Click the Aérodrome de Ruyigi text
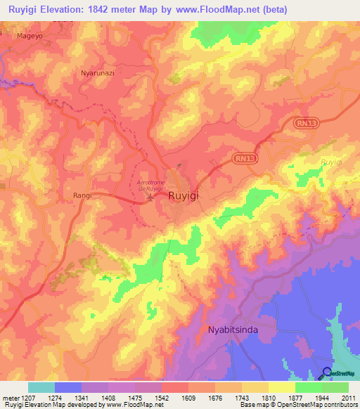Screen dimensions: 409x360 click(148, 185)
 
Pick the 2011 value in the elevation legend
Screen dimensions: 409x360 click(348, 398)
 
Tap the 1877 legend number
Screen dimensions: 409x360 click(282, 398)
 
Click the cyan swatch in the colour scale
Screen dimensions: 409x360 click(41, 387)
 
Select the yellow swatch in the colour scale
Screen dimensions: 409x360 click(281, 387)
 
